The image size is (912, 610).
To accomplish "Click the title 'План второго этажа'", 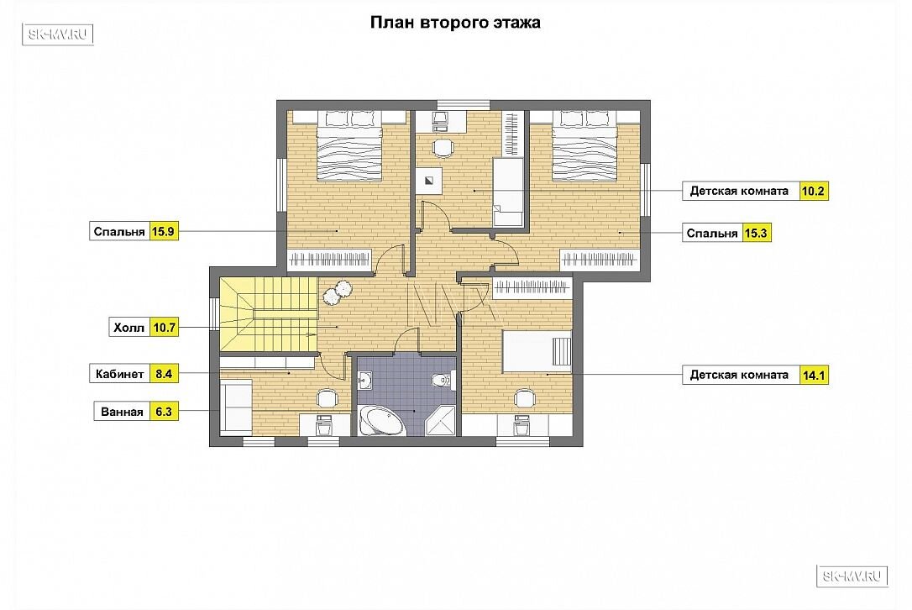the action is click(x=455, y=23).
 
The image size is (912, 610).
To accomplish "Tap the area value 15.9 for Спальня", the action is click(x=163, y=232).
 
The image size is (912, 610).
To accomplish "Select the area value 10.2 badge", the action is click(x=813, y=191).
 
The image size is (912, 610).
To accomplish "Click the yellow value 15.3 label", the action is click(x=756, y=234).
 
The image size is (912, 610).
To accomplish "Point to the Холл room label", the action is click(x=129, y=328).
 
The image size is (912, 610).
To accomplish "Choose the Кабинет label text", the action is click(x=119, y=374).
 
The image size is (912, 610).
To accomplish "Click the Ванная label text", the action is click(x=122, y=412).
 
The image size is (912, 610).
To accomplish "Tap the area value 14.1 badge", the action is click(x=814, y=376).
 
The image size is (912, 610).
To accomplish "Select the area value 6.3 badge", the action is click(x=164, y=412).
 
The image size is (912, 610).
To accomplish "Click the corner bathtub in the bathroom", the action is click(x=380, y=420).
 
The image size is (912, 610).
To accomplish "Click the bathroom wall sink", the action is click(x=365, y=381).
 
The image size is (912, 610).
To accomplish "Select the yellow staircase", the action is click(x=269, y=314).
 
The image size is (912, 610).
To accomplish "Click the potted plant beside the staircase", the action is click(x=337, y=290).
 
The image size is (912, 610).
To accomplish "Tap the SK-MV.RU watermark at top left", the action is click(x=58, y=34).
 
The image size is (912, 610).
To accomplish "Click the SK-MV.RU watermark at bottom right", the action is click(x=852, y=576).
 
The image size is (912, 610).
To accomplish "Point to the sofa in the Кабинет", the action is click(x=236, y=407).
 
